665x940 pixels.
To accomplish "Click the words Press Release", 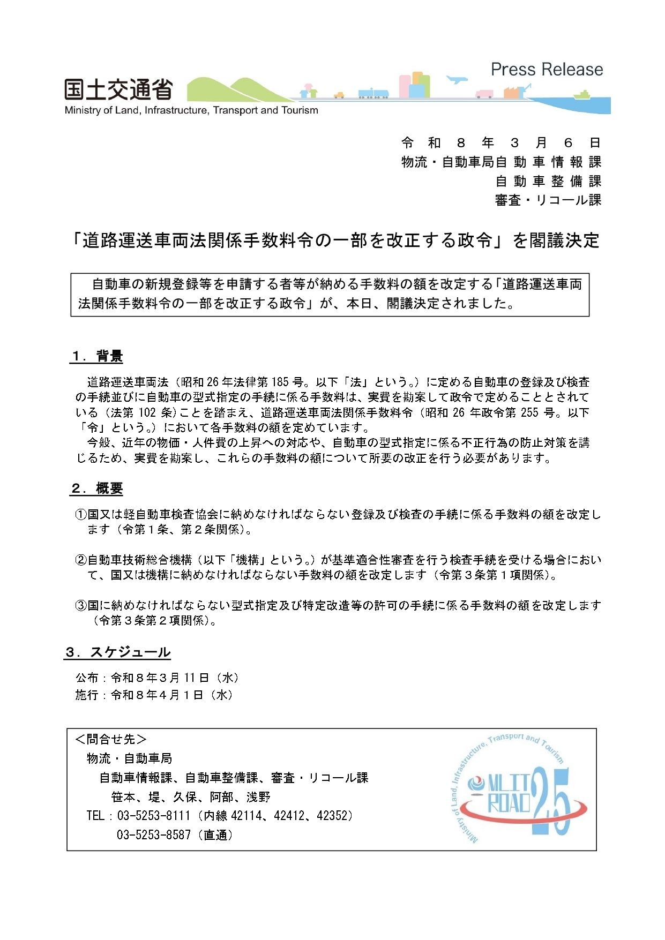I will (547, 70).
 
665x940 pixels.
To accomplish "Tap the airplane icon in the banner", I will (457, 80).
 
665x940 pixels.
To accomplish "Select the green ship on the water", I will (582, 95).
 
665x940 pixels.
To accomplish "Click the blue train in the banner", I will (373, 93).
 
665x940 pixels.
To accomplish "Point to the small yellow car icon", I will (339, 95).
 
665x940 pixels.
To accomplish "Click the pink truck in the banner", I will (484, 94).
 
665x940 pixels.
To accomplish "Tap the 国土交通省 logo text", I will (118, 90).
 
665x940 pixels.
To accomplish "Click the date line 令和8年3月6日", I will (500, 143).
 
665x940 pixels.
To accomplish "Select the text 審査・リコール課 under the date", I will (548, 200).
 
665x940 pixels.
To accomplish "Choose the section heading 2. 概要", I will (97, 488).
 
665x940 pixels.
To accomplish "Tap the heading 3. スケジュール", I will (118, 652).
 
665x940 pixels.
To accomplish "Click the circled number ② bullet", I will (81, 560).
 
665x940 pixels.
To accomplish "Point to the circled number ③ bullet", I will (81, 606).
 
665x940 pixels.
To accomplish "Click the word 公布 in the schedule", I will (87, 678).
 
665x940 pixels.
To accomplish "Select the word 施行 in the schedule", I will (87, 695).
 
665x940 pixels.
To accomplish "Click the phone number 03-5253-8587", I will (154, 835).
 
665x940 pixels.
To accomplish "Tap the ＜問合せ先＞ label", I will (111, 740).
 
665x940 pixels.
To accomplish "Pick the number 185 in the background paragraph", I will (280, 382).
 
